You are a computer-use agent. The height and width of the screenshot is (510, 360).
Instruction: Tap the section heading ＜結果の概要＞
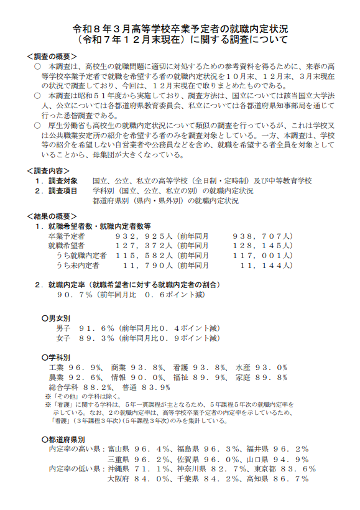point(52,216)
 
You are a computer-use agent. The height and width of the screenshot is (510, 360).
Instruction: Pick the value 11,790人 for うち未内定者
point(150,265)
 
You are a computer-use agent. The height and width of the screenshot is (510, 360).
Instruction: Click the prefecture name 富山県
point(119,448)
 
